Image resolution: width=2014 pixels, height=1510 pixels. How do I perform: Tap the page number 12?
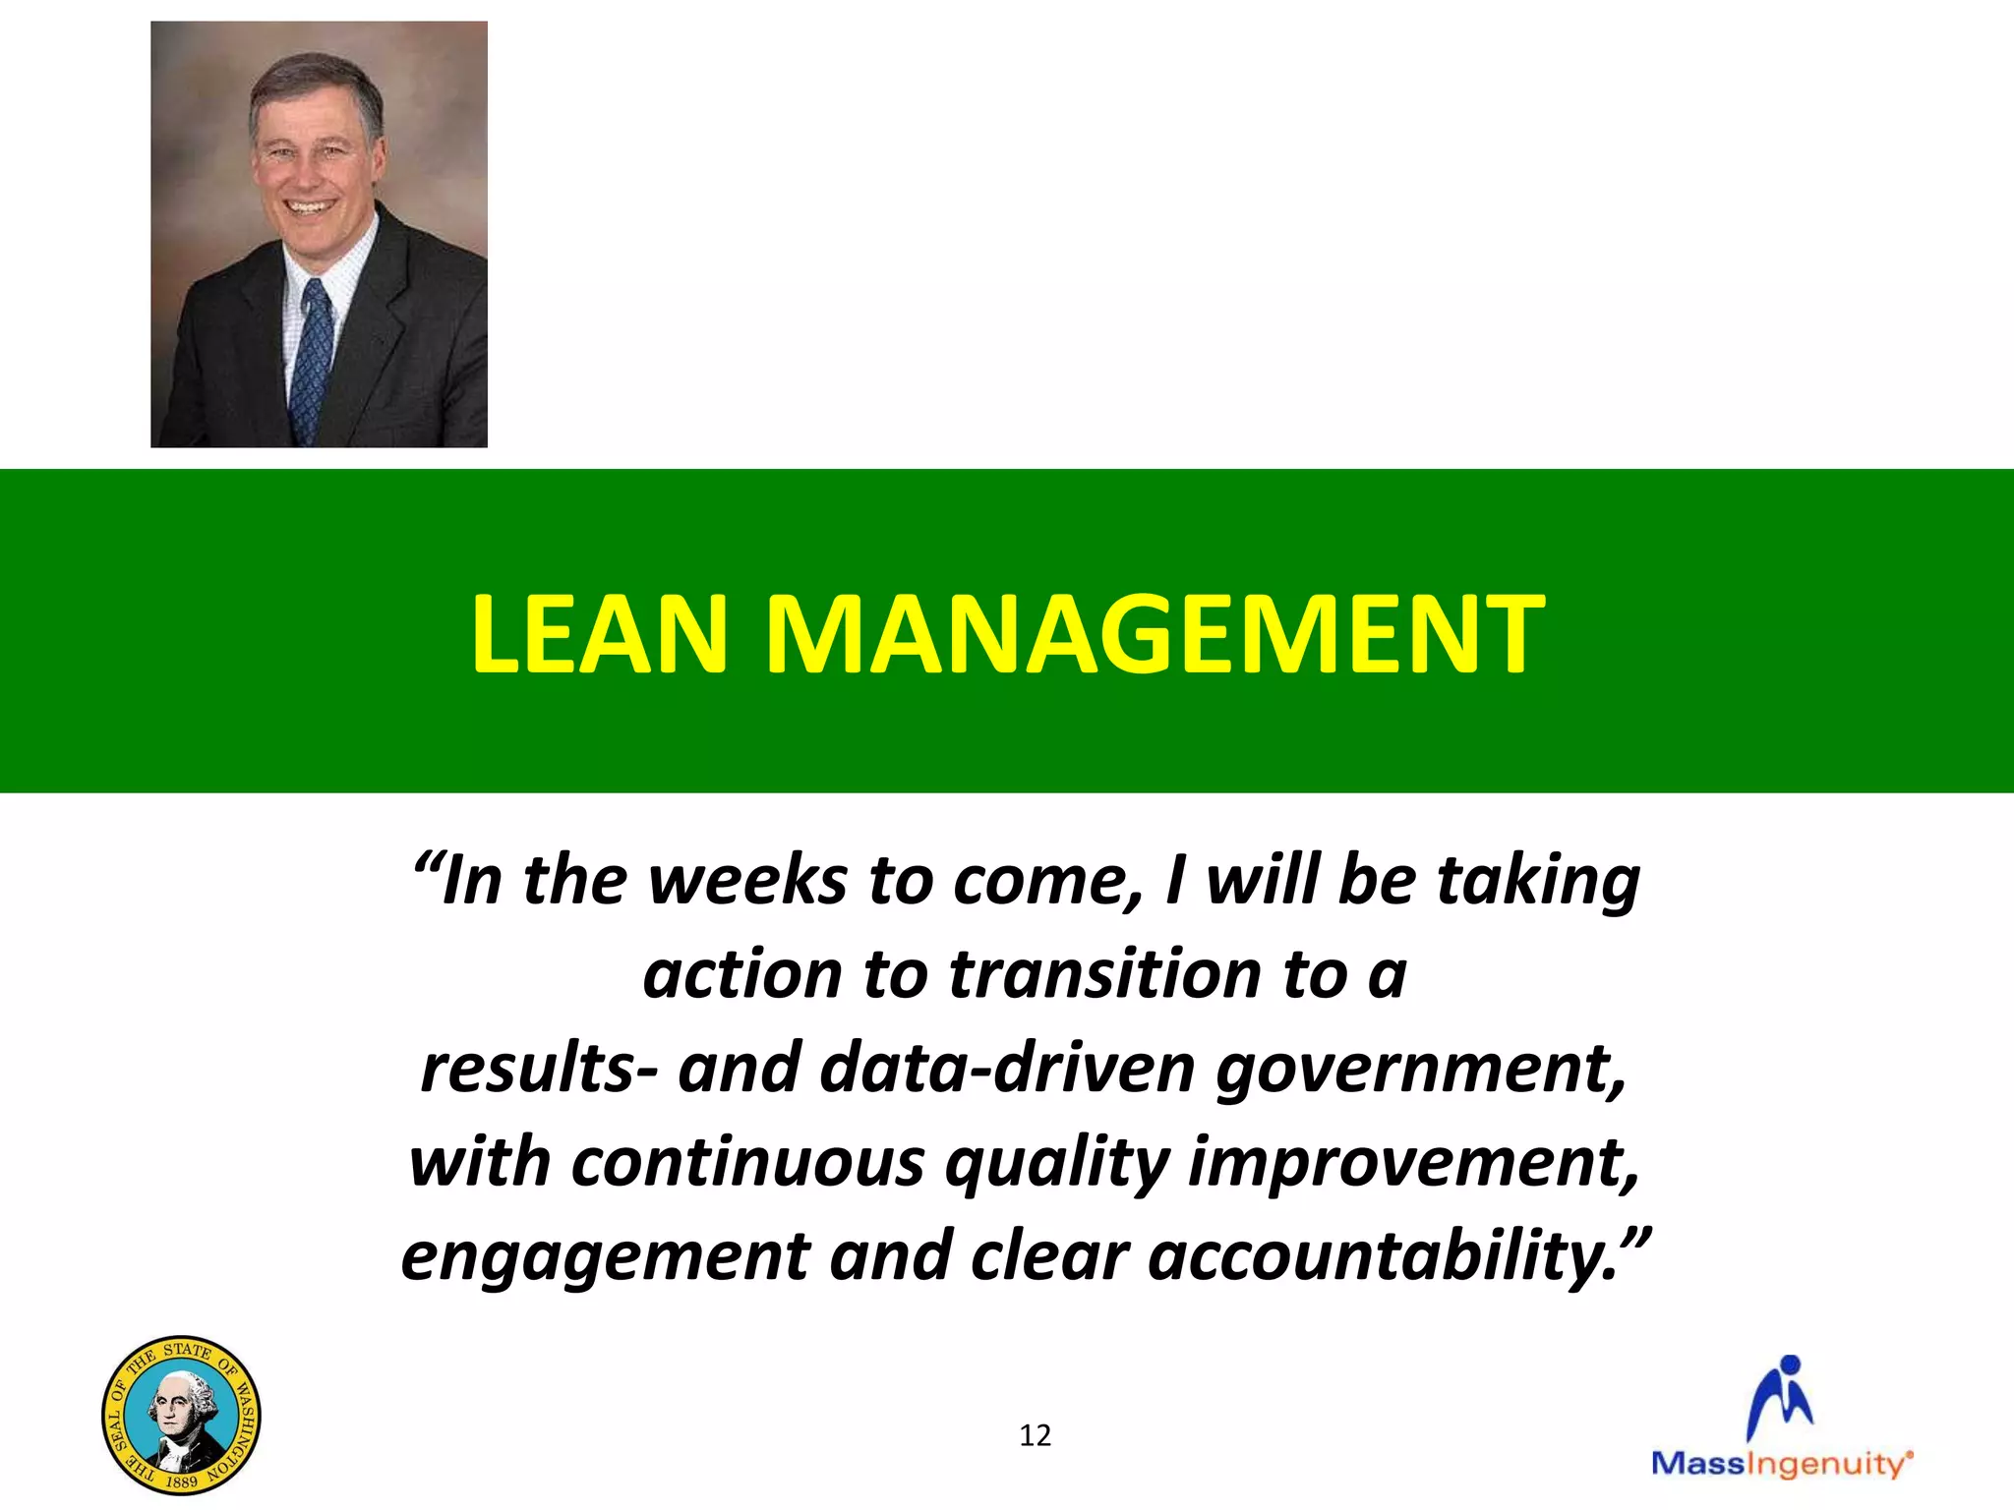point(1035,1435)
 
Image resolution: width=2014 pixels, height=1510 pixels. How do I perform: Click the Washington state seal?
point(182,1415)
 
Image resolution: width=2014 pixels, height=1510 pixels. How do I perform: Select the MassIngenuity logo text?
point(1781,1464)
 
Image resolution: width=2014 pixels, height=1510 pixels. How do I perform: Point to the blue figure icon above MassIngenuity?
point(1781,1397)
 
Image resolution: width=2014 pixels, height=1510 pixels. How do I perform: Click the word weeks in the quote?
point(747,880)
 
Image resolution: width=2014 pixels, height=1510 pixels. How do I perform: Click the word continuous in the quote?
point(747,1162)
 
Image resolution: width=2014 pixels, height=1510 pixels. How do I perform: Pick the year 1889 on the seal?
point(181,1481)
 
